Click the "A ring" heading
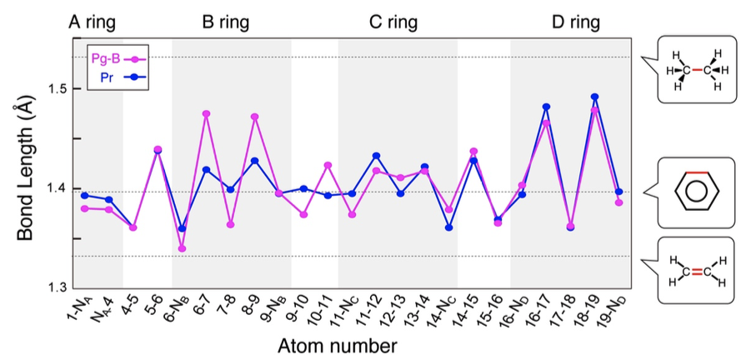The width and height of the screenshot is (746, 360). (92, 22)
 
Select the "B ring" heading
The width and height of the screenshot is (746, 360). (226, 22)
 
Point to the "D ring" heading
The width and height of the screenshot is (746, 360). (576, 22)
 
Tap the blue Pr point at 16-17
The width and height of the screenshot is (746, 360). (546, 107)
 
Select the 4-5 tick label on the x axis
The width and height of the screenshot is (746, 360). (129, 306)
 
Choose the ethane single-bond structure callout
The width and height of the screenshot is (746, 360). (694, 69)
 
